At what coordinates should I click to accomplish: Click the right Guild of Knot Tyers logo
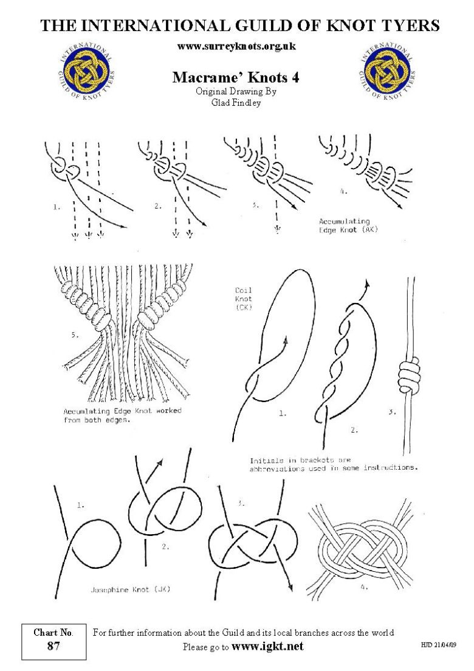[389, 72]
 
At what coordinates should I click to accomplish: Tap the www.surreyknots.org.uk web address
[236, 46]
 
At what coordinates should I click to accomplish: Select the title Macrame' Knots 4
[236, 77]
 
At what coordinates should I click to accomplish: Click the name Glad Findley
[236, 102]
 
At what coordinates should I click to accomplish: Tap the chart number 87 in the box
[53, 646]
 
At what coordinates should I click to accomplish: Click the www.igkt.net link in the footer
[267, 647]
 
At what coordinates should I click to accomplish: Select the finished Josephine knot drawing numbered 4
[362, 547]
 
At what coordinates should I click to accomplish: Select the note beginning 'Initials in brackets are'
[333, 464]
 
